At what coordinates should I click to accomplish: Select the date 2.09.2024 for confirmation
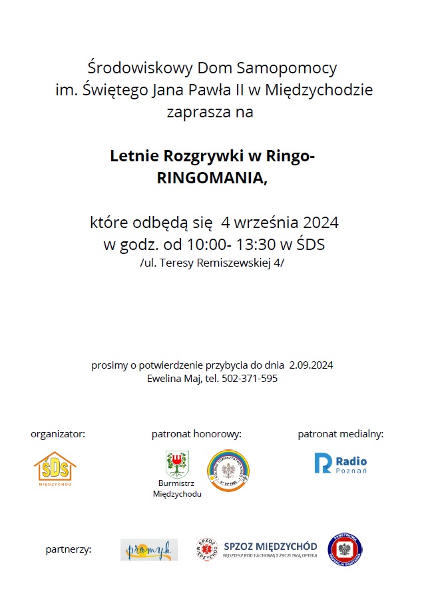pyautogui.click(x=311, y=365)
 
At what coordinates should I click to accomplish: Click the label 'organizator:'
pyautogui.click(x=58, y=434)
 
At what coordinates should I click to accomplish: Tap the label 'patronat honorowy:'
pyautogui.click(x=196, y=434)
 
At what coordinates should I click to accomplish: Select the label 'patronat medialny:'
pyautogui.click(x=340, y=434)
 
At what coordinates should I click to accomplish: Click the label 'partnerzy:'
pyautogui.click(x=69, y=550)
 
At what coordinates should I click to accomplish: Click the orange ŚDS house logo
pyautogui.click(x=55, y=469)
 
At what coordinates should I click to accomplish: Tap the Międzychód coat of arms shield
pyautogui.click(x=177, y=463)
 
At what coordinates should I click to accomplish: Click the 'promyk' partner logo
pyautogui.click(x=149, y=549)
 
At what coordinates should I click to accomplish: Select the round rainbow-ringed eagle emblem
pyautogui.click(x=228, y=471)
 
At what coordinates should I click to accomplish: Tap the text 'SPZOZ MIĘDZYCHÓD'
pyautogui.click(x=270, y=546)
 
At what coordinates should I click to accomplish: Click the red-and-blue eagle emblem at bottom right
pyautogui.click(x=345, y=550)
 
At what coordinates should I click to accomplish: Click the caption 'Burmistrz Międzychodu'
pyautogui.click(x=177, y=488)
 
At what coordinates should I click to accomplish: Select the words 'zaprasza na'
pyautogui.click(x=214, y=113)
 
